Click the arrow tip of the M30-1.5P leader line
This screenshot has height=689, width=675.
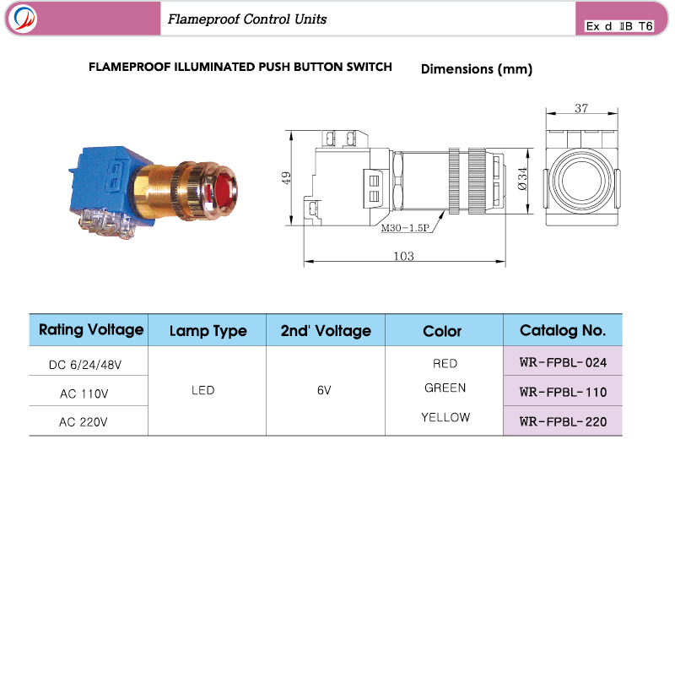coord(445,211)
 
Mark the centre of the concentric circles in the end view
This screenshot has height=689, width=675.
coord(581,180)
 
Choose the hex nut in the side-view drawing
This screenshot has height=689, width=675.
coord(397,182)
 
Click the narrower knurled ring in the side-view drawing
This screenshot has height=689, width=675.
coord(454,181)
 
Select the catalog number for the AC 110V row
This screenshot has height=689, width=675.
coord(563,392)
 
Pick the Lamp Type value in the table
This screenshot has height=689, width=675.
coord(202,390)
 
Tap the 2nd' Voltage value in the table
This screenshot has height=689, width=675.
coord(324,390)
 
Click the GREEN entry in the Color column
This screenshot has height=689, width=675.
coord(445,388)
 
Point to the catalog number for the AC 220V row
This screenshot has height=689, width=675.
coord(563,422)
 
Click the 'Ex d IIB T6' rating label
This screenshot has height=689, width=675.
coord(619,26)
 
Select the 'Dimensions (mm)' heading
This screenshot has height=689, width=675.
coord(477,69)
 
